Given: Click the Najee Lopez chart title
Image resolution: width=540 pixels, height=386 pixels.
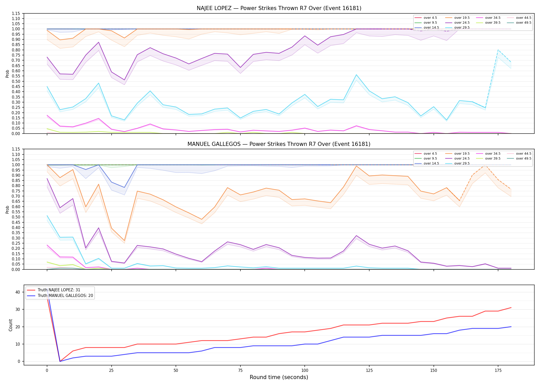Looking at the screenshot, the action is (279, 8).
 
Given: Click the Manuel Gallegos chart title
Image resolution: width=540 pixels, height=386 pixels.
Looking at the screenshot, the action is (279, 144).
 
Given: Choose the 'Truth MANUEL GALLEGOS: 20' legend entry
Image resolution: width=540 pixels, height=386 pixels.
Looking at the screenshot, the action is (60, 296).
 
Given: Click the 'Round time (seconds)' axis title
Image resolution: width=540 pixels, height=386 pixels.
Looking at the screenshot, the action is (279, 377).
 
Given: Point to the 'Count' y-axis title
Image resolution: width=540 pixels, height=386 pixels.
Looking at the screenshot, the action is (11, 325).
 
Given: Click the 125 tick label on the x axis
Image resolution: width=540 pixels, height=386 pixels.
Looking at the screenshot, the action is (369, 371).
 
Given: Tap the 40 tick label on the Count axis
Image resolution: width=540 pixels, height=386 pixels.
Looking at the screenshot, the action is (18, 292).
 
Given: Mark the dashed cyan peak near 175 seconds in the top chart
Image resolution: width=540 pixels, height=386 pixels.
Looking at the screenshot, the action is (498, 50).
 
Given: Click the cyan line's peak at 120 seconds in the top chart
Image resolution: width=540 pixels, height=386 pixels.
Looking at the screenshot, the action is (356, 75).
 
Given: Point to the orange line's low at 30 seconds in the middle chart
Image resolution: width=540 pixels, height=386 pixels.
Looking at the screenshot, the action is (124, 241).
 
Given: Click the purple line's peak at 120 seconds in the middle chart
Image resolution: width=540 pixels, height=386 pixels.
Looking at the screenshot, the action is (356, 235).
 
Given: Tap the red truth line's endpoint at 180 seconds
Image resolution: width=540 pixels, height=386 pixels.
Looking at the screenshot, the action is (511, 308).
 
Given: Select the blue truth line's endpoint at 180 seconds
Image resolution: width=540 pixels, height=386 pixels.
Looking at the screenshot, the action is (511, 327).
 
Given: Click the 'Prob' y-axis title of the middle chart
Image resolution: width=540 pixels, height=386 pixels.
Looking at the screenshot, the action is (7, 209).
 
